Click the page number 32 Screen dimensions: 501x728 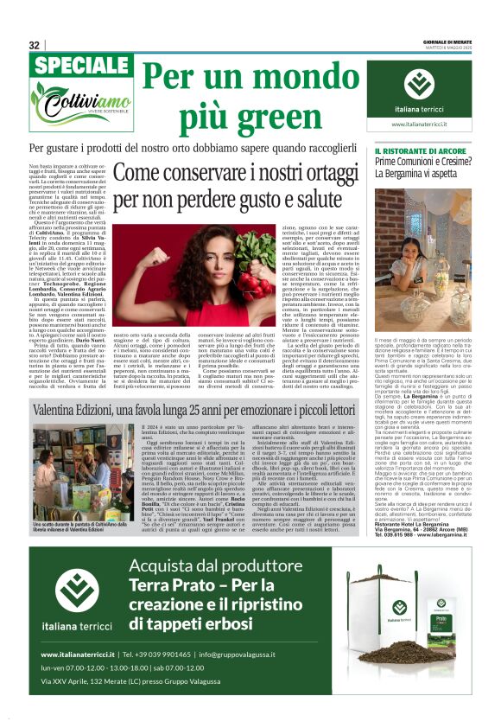[x=35, y=45]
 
